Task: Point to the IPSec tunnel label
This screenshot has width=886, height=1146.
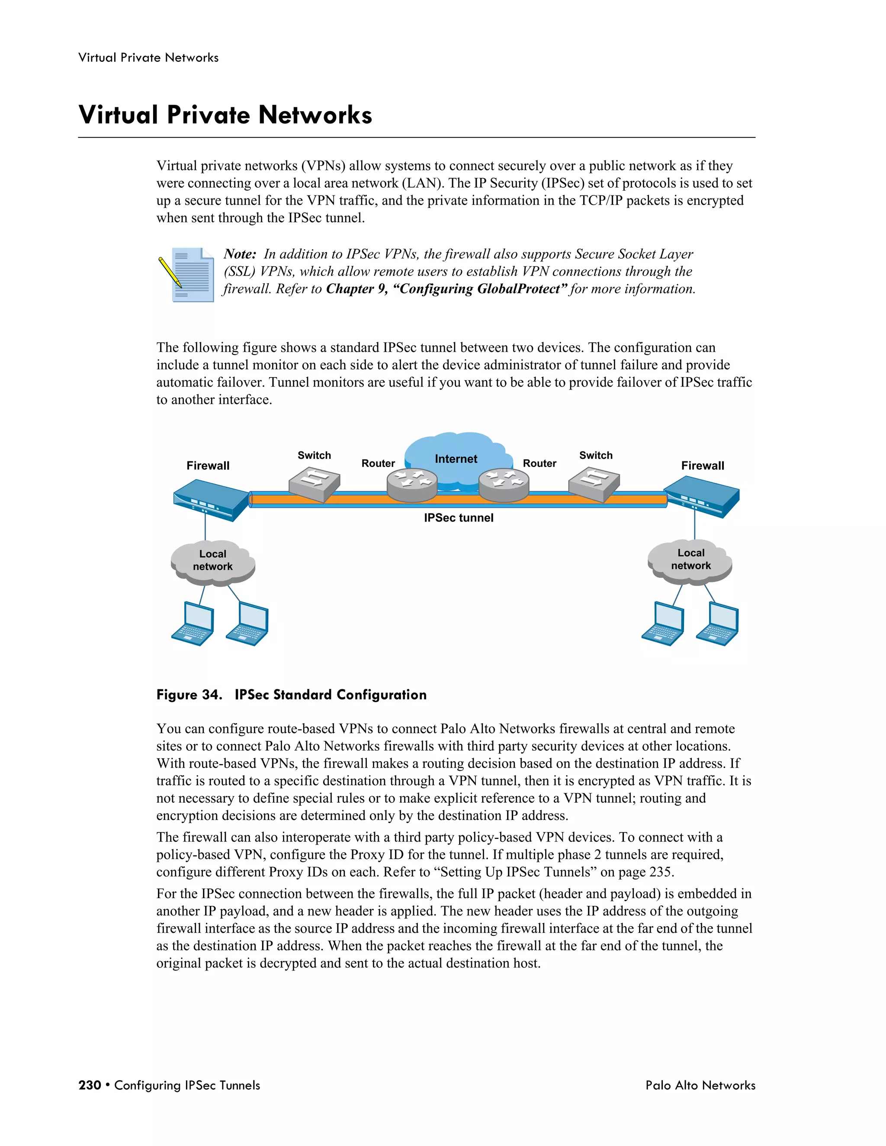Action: tap(458, 518)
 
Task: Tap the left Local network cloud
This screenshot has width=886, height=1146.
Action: tap(212, 561)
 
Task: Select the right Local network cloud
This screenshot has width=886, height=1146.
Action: tap(690, 560)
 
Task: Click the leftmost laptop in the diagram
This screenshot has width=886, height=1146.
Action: tap(193, 624)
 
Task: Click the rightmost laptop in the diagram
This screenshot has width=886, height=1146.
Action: tap(718, 624)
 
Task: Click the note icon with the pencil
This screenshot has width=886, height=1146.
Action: tap(187, 275)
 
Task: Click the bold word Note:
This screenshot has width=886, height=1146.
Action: tap(240, 254)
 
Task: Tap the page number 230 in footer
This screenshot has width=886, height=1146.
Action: tap(89, 1085)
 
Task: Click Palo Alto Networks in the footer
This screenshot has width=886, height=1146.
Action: tap(700, 1085)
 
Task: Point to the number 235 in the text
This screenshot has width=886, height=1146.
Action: tap(660, 872)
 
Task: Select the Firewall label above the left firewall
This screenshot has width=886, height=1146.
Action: tap(208, 465)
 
